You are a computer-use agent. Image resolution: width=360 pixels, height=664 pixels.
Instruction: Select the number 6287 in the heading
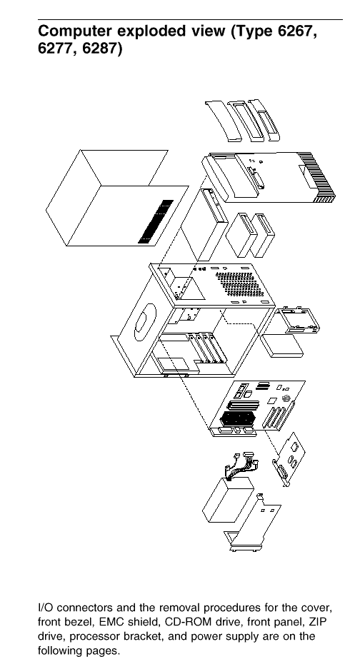pos(101,49)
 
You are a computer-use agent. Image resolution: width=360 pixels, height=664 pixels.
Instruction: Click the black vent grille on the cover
pos(156,221)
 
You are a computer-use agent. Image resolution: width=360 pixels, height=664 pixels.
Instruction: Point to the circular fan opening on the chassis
pos(145,323)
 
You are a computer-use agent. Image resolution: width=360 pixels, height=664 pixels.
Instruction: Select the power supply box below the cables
pos(228,500)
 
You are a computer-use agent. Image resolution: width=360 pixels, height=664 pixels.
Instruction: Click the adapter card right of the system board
pos(289,460)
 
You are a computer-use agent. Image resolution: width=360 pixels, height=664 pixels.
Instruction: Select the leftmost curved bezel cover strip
pos(222,121)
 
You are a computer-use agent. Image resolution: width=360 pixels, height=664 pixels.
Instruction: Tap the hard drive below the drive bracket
pos(281,345)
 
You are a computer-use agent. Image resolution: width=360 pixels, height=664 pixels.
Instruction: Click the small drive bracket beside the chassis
pos(297,319)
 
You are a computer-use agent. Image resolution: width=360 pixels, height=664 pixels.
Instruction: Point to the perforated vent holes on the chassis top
pos(239,284)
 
